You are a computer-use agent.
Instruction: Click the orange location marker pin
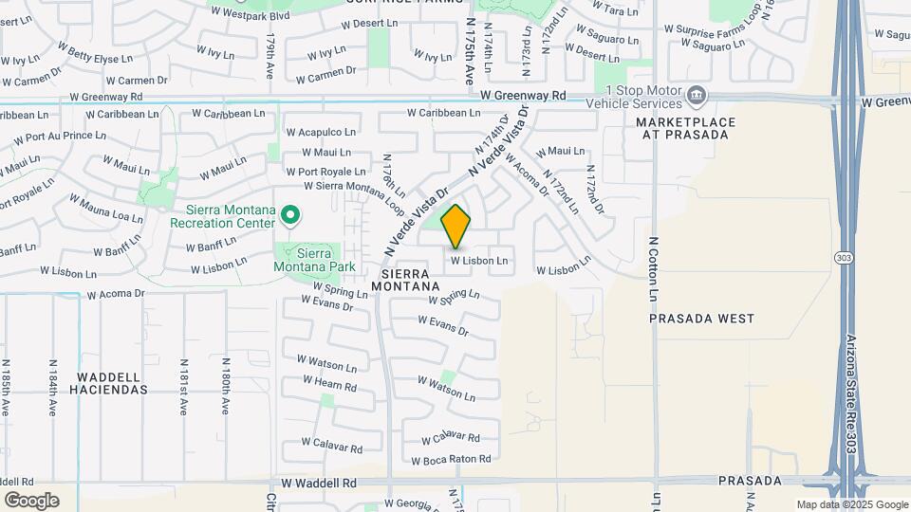pyautogui.click(x=456, y=227)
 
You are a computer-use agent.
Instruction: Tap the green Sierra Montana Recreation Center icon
pyautogui.click(x=291, y=217)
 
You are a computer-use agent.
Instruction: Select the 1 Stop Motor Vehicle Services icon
pyautogui.click(x=697, y=95)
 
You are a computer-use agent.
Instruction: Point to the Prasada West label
pyautogui.click(x=701, y=319)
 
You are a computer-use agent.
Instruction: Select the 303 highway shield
pyautogui.click(x=843, y=258)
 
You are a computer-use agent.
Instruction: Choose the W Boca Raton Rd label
pyautogui.click(x=452, y=459)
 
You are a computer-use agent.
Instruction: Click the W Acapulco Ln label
pyautogui.click(x=321, y=133)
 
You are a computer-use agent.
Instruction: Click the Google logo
pyautogui.click(x=32, y=501)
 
